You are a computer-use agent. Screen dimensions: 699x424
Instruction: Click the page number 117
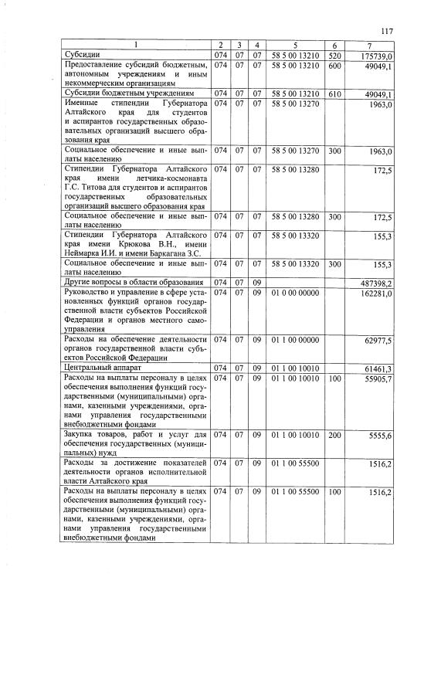[x=387, y=31]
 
